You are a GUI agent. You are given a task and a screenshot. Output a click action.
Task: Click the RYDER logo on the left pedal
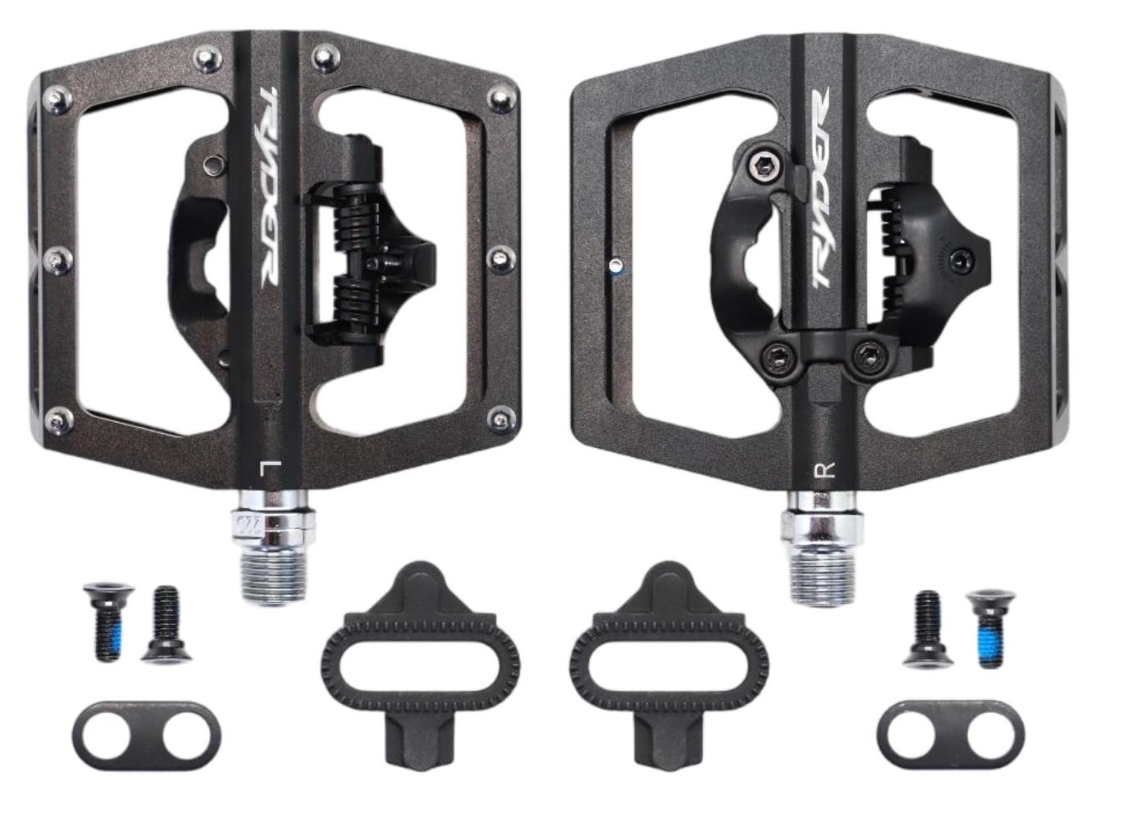pyautogui.click(x=268, y=185)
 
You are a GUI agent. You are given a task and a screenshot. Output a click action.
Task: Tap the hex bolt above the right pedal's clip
pyautogui.click(x=758, y=166)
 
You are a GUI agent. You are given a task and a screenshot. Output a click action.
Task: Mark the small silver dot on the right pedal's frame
pyautogui.click(x=613, y=265)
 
